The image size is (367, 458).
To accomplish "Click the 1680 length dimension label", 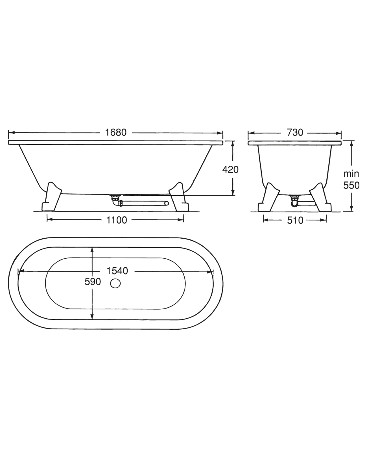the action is click(x=116, y=133).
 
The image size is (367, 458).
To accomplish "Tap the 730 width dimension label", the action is click(x=295, y=133).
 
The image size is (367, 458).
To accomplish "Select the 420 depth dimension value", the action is click(x=230, y=170).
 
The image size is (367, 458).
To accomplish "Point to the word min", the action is click(x=351, y=174).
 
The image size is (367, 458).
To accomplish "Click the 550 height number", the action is click(x=351, y=185).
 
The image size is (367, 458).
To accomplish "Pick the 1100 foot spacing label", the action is click(x=117, y=220).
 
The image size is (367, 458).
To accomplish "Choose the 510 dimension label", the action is click(x=295, y=221).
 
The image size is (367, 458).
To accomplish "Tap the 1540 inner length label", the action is click(x=117, y=271).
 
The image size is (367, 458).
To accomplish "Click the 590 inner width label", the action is click(x=93, y=282).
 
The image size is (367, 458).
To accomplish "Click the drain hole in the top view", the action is click(x=115, y=284).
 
